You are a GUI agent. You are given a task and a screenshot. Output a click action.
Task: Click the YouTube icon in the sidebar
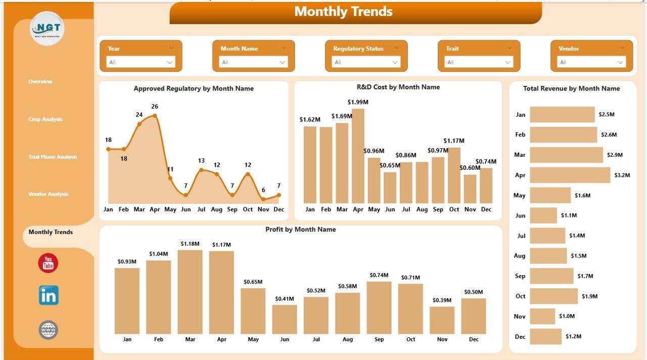click(x=49, y=263)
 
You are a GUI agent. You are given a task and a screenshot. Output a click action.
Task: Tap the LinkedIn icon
click(x=49, y=295)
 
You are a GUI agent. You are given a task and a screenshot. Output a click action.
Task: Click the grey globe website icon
click(x=49, y=330)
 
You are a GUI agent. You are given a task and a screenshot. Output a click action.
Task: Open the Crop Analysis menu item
click(x=45, y=119)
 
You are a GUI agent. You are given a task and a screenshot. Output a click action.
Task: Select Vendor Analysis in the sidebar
click(x=49, y=194)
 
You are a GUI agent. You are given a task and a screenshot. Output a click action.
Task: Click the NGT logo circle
click(x=47, y=28)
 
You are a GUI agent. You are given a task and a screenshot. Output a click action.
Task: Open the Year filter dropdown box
click(x=141, y=62)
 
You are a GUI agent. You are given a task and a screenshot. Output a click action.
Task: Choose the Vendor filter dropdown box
click(x=591, y=62)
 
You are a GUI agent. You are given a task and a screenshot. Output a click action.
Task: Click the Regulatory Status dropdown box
click(x=366, y=62)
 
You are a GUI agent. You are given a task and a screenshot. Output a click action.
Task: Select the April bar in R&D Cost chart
click(x=358, y=156)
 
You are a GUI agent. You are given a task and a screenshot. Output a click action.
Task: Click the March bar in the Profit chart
click(x=190, y=292)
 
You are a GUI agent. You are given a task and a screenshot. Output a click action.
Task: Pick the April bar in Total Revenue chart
click(x=570, y=175)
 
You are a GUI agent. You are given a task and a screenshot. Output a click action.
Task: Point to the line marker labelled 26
click(x=155, y=116)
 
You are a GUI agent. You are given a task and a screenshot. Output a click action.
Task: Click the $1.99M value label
click(x=358, y=102)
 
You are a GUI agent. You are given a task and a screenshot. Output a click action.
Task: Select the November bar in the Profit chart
click(x=442, y=320)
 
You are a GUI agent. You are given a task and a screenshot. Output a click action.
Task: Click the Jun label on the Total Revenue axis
click(x=520, y=215)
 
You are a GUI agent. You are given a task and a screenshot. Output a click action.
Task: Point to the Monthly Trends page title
click(x=344, y=12)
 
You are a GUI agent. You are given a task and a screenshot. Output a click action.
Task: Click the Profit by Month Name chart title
click(x=301, y=230)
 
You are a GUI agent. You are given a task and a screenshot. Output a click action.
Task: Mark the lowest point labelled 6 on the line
click(x=263, y=199)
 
